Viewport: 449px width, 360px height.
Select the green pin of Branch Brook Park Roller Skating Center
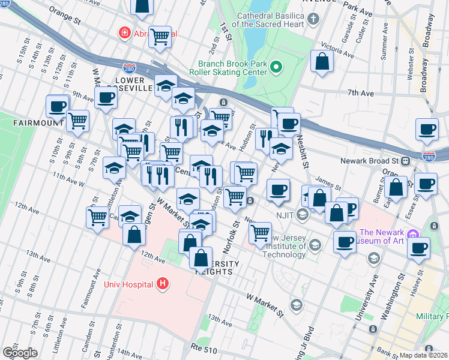(276, 67)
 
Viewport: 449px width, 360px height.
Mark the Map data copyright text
(424, 355)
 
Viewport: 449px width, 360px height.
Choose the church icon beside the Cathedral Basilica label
(313, 20)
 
